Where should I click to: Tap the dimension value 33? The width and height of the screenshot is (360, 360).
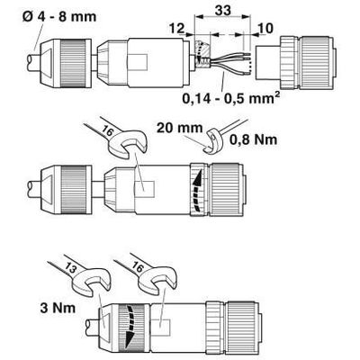point(223,10)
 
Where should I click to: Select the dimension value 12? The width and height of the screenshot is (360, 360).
point(176,29)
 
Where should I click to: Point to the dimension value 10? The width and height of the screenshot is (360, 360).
point(265,29)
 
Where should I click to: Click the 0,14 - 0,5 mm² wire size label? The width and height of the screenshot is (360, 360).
point(229,98)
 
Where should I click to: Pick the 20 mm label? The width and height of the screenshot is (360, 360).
point(179,128)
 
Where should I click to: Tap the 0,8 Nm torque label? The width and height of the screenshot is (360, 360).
point(254,139)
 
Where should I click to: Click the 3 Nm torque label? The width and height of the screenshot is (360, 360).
point(58,308)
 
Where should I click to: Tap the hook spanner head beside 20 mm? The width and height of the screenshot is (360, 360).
point(212,140)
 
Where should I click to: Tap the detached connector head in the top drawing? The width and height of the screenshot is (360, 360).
point(295,62)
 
